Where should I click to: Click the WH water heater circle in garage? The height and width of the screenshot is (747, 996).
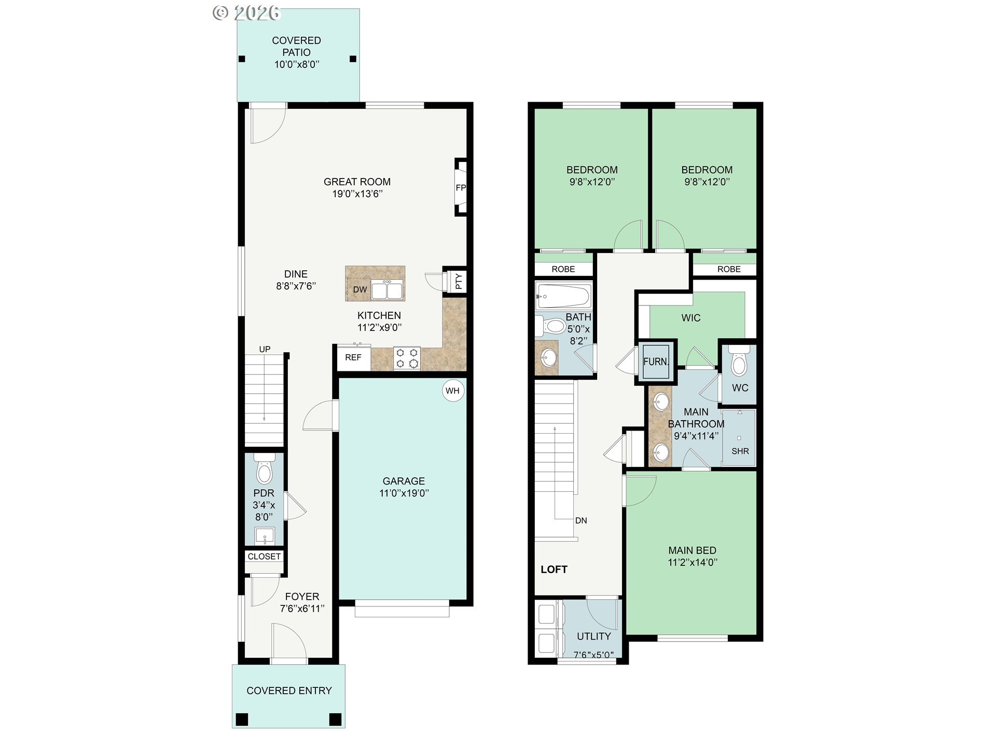click(x=452, y=391)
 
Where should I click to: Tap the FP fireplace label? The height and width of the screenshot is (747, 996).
click(x=461, y=188)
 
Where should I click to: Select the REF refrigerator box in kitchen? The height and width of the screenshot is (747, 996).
click(x=353, y=357)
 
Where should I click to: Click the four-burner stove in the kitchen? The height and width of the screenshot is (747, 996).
click(x=407, y=358)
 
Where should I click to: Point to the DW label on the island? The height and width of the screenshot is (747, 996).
click(x=359, y=289)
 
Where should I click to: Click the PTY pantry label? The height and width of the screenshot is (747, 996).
click(x=459, y=282)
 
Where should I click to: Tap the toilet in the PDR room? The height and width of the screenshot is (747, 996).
click(x=265, y=469)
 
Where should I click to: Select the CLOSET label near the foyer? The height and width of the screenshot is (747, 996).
click(x=264, y=556)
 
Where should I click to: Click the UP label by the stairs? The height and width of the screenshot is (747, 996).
click(x=265, y=349)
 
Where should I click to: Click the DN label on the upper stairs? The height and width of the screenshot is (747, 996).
click(x=581, y=520)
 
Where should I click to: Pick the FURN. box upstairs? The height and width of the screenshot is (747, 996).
click(x=656, y=362)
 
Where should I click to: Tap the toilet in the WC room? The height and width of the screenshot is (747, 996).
click(x=739, y=363)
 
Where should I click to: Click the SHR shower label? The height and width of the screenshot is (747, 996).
click(x=740, y=451)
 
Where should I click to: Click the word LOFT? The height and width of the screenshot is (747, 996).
click(x=554, y=569)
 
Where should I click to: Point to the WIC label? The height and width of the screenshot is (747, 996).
click(x=691, y=317)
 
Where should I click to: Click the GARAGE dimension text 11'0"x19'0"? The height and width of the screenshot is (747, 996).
click(x=404, y=493)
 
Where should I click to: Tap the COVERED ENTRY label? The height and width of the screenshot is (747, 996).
click(x=289, y=690)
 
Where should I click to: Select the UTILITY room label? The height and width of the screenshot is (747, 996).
click(x=594, y=636)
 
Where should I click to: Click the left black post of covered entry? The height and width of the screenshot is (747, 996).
click(x=242, y=720)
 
